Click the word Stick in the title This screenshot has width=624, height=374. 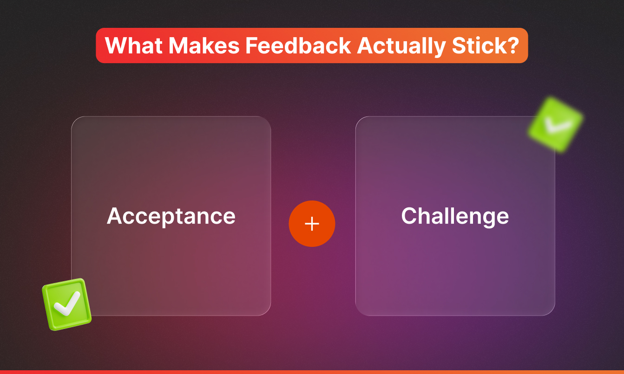(473, 45)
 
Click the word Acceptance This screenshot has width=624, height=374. (171, 216)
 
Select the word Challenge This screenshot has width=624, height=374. (455, 216)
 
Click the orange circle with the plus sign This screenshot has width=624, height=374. (312, 224)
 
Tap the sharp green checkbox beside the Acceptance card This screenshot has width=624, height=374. (66, 304)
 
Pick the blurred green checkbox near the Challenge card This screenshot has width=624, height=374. (555, 124)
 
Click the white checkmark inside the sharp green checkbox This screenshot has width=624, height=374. (67, 303)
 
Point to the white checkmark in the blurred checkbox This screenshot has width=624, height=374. (556, 124)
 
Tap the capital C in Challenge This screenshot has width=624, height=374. (410, 216)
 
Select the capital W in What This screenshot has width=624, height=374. (116, 45)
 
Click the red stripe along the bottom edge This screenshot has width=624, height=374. (312, 372)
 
